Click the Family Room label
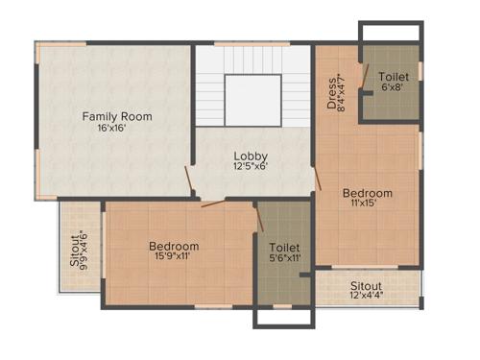[116, 116]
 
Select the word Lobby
[251, 156]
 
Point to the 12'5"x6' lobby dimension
[251, 167]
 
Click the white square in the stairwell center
[252, 100]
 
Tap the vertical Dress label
[331, 93]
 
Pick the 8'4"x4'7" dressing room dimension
[343, 94]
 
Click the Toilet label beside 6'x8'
[394, 77]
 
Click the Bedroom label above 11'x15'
[368, 193]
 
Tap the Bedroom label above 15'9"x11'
[174, 246]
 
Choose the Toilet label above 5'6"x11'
[285, 246]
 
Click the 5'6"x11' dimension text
[285, 257]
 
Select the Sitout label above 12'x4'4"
[366, 286]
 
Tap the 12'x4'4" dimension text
[366, 297]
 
